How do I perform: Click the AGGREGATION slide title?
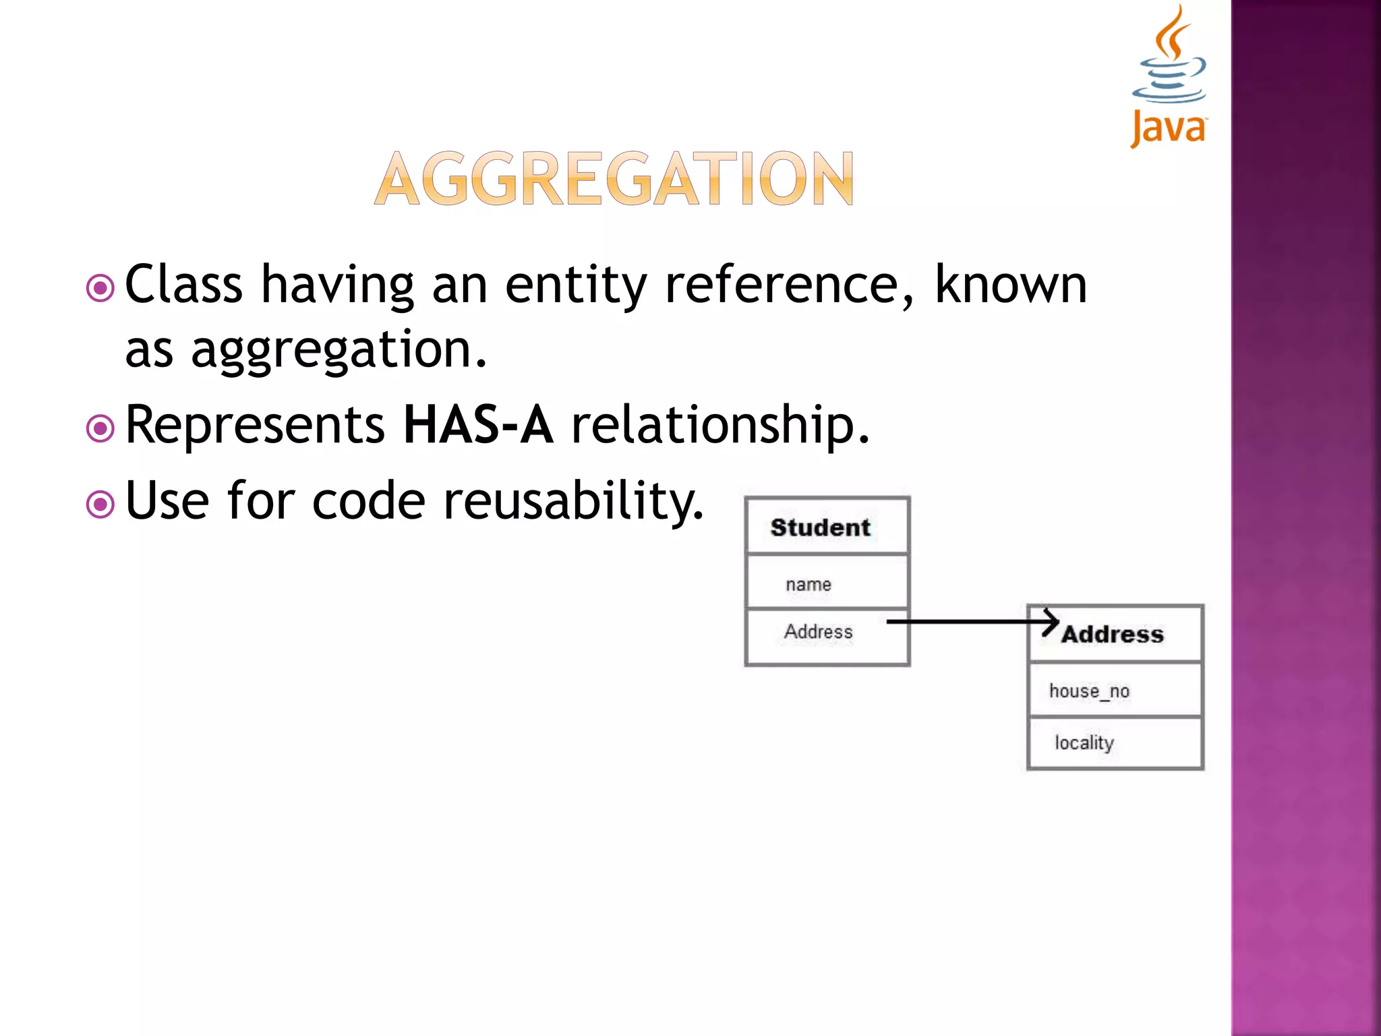(x=614, y=179)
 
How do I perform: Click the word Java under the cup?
(x=1169, y=128)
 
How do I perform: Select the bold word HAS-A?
(x=478, y=425)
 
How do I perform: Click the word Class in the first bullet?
(x=183, y=285)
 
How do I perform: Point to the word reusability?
(x=574, y=501)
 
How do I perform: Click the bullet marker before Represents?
(x=100, y=428)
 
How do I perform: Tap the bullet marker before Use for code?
(x=100, y=504)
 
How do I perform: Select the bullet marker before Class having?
(x=100, y=289)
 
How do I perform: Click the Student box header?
(x=821, y=527)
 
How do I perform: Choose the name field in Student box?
(x=809, y=584)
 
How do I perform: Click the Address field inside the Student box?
(x=818, y=632)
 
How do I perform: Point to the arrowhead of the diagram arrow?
(x=1052, y=622)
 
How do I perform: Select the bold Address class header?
(x=1113, y=635)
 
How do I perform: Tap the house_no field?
(x=1089, y=691)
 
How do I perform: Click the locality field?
(x=1084, y=743)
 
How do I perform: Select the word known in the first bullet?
(x=1011, y=285)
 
